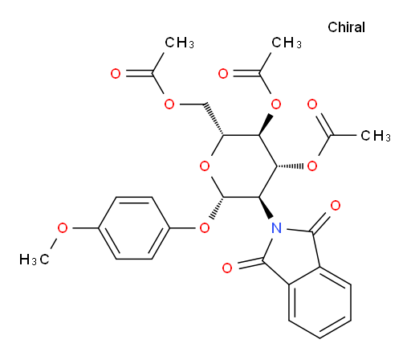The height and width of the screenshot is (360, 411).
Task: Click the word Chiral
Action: (346, 27)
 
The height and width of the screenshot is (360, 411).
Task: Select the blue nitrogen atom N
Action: (276, 228)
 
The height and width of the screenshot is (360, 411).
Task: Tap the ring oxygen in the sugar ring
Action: (205, 166)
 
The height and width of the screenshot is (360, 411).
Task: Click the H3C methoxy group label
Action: (35, 259)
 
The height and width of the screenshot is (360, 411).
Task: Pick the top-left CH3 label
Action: (179, 43)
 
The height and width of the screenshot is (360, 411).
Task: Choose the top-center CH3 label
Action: (287, 43)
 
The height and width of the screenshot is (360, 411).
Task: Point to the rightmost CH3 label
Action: (376, 136)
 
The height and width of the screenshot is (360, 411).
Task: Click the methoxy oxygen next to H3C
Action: (63, 228)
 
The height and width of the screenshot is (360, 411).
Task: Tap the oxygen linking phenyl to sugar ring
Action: (205, 228)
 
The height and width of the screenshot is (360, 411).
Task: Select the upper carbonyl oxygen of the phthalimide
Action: (336, 206)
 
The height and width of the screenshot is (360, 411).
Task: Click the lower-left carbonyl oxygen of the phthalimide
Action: (227, 268)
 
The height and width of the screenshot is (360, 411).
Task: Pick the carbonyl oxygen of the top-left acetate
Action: (116, 73)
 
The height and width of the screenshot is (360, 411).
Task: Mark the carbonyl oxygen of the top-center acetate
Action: (223, 73)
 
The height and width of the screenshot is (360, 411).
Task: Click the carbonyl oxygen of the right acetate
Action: (312, 104)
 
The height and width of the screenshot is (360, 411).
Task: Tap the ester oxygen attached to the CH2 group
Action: (169, 104)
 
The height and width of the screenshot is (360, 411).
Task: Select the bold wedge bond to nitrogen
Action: (266, 207)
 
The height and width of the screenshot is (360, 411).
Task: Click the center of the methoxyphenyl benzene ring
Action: (134, 228)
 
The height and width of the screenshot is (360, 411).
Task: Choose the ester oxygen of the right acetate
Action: (312, 166)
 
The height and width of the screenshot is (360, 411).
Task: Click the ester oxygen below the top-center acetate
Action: (276, 104)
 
